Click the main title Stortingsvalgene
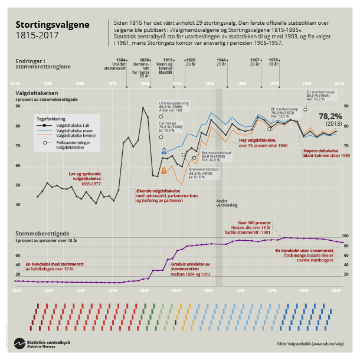point(53,25)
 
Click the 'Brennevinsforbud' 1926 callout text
point(216,152)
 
